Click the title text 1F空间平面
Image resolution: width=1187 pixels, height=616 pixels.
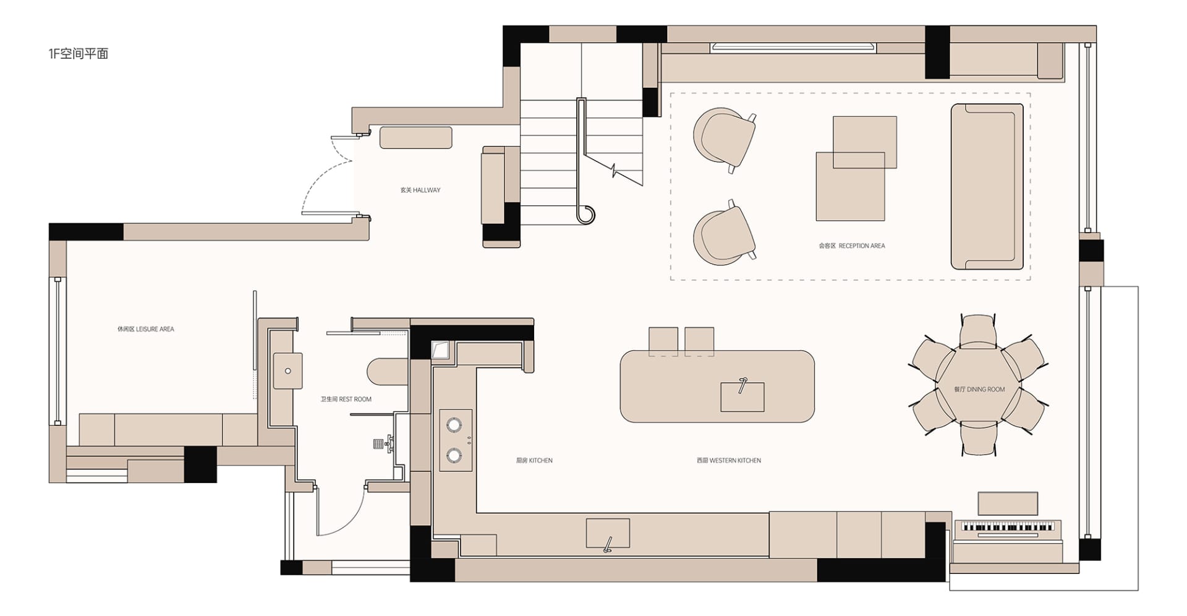pyautogui.click(x=79, y=54)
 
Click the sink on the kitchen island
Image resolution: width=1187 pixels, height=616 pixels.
pyautogui.click(x=742, y=396)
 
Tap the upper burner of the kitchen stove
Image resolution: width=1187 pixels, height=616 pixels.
pyautogui.click(x=454, y=424)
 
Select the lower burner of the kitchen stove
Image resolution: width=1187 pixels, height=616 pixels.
pyautogui.click(x=454, y=455)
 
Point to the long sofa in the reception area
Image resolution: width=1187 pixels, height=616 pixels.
pyautogui.click(x=987, y=187)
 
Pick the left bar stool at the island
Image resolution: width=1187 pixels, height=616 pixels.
pyautogui.click(x=663, y=341)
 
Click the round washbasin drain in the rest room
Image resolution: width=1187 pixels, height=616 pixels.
pyautogui.click(x=288, y=371)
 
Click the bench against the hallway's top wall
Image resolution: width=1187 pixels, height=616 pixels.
pyautogui.click(x=415, y=137)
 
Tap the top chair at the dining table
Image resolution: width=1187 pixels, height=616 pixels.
pyautogui.click(x=978, y=332)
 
